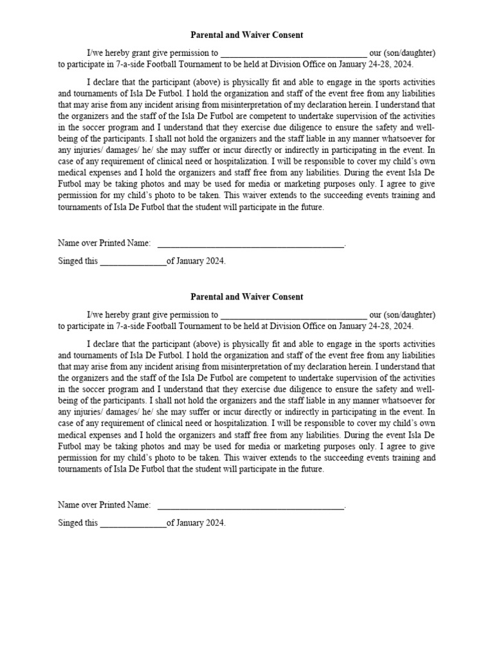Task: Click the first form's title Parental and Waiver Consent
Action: (x=247, y=35)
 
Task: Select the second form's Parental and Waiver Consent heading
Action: (x=247, y=296)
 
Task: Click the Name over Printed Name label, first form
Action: (x=104, y=244)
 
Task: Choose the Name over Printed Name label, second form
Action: (x=104, y=505)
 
